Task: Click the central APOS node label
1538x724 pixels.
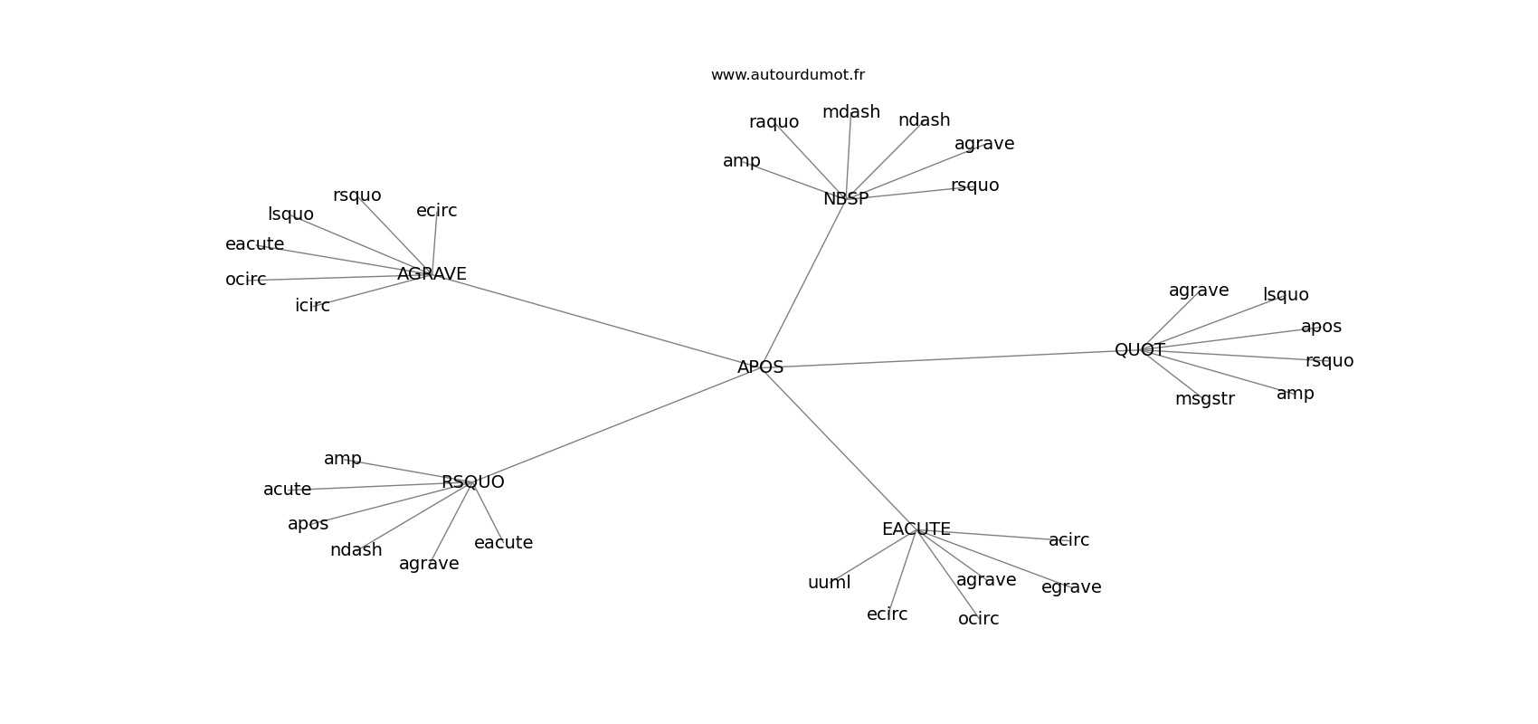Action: (760, 367)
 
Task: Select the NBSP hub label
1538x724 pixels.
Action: (846, 198)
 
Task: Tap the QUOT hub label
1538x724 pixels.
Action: (1140, 349)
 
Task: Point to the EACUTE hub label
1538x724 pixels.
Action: (916, 529)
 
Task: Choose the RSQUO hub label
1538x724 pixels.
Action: (473, 482)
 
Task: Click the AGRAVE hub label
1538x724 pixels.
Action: (432, 274)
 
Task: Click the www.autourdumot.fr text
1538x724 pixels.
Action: (787, 75)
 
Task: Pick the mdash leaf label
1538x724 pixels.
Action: (851, 112)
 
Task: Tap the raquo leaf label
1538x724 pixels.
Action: (774, 122)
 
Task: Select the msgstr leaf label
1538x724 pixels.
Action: (1205, 399)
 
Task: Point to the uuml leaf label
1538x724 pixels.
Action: (830, 583)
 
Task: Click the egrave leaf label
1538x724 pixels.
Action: (1071, 587)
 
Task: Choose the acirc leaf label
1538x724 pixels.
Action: (1069, 540)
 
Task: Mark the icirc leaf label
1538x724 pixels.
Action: (312, 306)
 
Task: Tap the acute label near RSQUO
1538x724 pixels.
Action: (287, 490)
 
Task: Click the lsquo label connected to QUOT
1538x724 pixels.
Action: (1286, 295)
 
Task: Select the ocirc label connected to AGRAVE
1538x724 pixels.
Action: (246, 280)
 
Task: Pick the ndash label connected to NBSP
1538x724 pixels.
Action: (925, 120)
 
